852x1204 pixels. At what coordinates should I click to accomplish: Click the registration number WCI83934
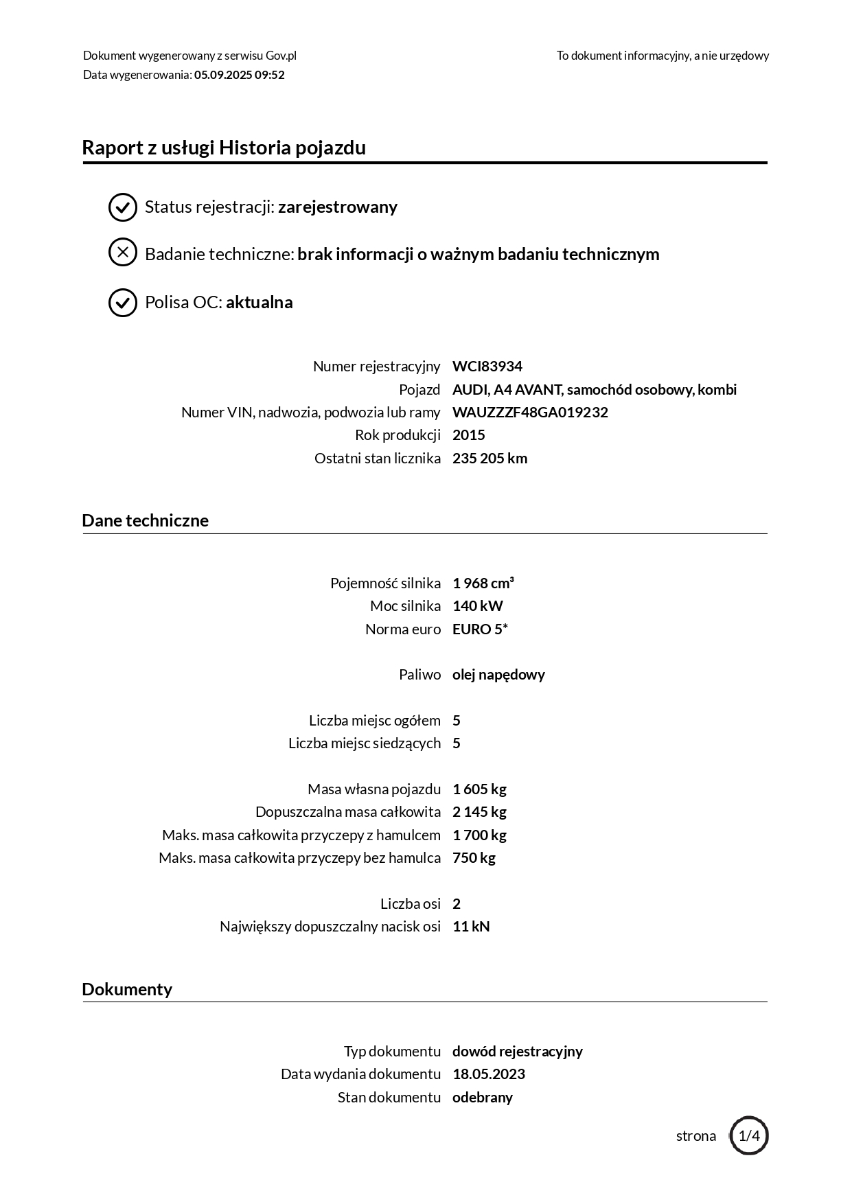tap(487, 367)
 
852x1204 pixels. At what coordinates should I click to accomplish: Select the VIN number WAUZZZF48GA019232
tap(530, 413)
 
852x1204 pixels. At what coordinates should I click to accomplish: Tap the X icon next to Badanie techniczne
tap(123, 253)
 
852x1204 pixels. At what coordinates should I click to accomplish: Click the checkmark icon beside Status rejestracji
tap(123, 207)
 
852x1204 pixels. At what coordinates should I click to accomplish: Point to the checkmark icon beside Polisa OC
tap(123, 302)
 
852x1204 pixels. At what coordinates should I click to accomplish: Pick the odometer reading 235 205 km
tap(490, 459)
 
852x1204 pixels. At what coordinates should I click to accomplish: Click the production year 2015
tap(468, 435)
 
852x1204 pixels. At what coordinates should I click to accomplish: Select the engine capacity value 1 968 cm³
tap(483, 583)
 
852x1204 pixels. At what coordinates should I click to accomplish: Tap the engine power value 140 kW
tap(477, 606)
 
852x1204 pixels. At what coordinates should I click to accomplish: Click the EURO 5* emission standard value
tap(480, 629)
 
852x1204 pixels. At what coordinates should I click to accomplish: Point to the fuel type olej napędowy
tap(498, 675)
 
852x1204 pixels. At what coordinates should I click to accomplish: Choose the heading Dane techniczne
tap(145, 520)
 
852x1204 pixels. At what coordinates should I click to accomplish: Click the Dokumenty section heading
tap(127, 989)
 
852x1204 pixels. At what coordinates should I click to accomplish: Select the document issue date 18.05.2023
tap(488, 1074)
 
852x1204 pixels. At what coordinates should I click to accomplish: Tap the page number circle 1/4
tap(748, 1135)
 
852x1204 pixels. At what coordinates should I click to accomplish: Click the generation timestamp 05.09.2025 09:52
tap(239, 75)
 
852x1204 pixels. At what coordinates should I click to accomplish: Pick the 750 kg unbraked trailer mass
tap(474, 858)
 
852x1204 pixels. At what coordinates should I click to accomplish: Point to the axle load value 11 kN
tap(471, 927)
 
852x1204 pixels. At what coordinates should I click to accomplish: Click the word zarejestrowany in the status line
tap(337, 207)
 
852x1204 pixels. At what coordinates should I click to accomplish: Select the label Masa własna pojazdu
tap(374, 789)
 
